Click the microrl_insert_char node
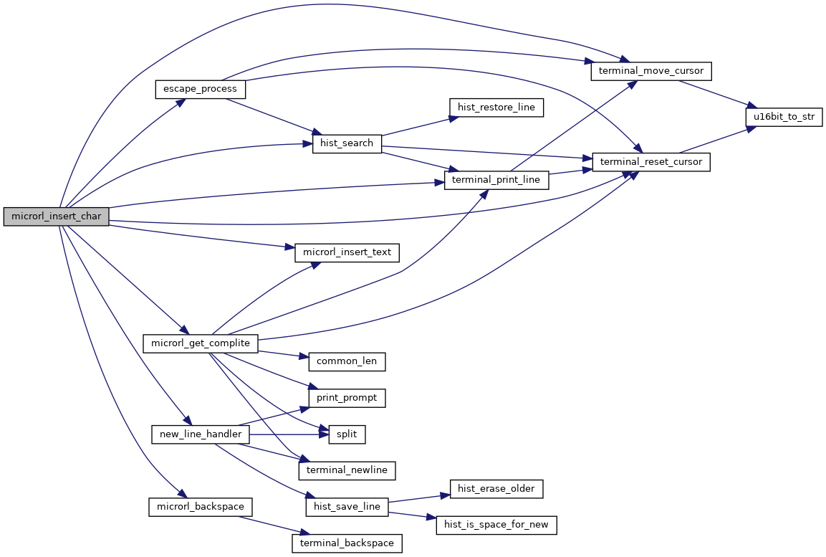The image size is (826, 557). pos(56,216)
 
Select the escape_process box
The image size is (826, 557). pos(201,90)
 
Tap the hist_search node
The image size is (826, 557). pos(347,143)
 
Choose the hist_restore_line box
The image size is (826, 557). pos(496,108)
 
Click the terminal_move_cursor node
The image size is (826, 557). pos(650,72)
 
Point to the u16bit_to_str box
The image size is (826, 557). pos(784,117)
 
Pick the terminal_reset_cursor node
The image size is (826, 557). pos(651,163)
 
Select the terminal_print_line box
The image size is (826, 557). pos(496,180)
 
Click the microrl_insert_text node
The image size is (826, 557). pos(347,252)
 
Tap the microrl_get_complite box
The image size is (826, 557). pos(200,343)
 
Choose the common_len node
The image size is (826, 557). pos(347,361)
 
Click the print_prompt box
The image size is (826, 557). pos(347,398)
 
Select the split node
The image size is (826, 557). pos(347,434)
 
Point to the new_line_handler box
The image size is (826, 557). pos(201,434)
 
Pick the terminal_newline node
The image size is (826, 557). pos(347,470)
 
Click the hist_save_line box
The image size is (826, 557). pos(347,507)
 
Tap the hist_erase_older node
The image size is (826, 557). pos(496,489)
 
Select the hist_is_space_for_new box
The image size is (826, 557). pos(496,525)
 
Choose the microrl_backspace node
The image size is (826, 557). pos(200,507)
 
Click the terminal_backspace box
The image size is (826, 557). pos(347,543)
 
